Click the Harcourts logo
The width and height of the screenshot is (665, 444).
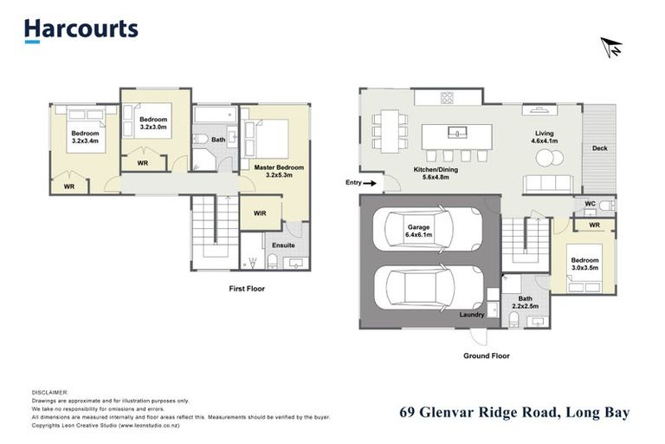click(x=81, y=29)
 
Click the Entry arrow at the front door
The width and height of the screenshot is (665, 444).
click(x=371, y=183)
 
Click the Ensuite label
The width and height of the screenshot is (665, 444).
click(x=284, y=245)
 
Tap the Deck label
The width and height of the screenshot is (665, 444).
click(x=599, y=148)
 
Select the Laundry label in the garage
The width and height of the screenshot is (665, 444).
click(x=472, y=315)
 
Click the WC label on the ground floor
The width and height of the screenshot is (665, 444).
click(x=591, y=205)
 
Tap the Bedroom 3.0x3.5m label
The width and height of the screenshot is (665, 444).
click(x=584, y=264)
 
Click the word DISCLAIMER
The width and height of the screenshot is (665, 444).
click(x=49, y=393)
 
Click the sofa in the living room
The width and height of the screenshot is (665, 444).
click(x=549, y=183)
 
